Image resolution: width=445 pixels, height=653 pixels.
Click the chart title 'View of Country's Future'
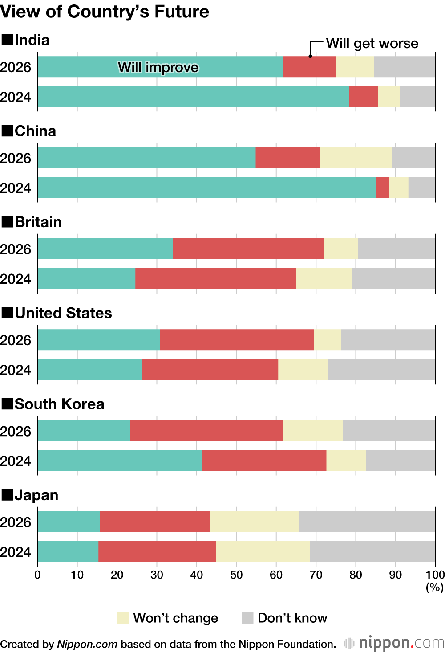point(105,12)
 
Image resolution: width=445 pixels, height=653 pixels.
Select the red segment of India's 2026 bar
point(309,67)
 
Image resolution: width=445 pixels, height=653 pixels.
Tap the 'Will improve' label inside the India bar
point(158,67)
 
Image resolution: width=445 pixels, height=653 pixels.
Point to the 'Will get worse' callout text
point(372,43)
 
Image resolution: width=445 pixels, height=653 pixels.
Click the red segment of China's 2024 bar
point(382,188)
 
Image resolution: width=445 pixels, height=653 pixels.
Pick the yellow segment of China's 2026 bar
point(356,158)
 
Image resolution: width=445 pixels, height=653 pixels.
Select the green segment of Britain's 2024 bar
point(86,278)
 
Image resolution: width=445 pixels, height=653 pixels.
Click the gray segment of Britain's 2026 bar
point(396,249)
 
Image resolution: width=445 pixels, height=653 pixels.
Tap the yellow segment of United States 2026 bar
point(328,340)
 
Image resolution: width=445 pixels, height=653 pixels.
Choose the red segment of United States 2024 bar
point(210,369)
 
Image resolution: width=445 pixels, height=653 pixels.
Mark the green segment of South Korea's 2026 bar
point(84,431)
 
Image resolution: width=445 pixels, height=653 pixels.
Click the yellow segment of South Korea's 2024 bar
point(346,461)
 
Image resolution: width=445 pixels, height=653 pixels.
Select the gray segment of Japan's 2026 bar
point(367,522)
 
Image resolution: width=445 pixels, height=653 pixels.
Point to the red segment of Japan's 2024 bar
point(157,551)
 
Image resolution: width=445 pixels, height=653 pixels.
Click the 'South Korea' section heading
point(59,404)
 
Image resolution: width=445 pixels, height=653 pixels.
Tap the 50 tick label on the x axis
point(236,575)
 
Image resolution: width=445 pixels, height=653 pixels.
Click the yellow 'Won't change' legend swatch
point(123,618)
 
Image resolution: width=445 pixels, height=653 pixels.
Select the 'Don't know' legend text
point(292,618)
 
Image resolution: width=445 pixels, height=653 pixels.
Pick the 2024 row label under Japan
point(16,552)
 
